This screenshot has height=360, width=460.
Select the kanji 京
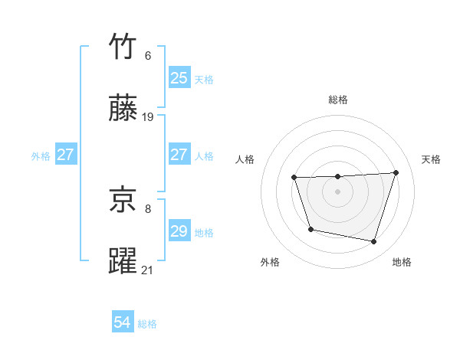point(123,201)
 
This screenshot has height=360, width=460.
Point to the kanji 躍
point(123,262)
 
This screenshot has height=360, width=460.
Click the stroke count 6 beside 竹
point(148,56)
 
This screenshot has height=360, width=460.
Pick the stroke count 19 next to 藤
point(148,117)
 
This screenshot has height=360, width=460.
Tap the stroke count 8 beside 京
point(148,208)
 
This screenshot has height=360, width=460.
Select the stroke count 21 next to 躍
point(148,270)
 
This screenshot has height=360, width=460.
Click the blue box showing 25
point(179,78)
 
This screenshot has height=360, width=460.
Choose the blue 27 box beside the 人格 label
point(179,155)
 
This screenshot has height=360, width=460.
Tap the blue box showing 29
point(179,231)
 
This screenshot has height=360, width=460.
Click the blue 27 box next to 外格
point(65,155)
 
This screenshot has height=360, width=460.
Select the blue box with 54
point(122,323)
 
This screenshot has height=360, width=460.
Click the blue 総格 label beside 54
point(147,324)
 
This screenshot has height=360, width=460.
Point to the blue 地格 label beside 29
point(204,232)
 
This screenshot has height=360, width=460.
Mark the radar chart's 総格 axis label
point(337,100)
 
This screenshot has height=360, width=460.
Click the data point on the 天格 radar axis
point(396,172)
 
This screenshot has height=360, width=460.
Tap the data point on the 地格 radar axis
point(373,242)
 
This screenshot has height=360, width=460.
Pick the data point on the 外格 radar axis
point(310,229)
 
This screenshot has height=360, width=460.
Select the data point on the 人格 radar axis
point(294,178)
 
